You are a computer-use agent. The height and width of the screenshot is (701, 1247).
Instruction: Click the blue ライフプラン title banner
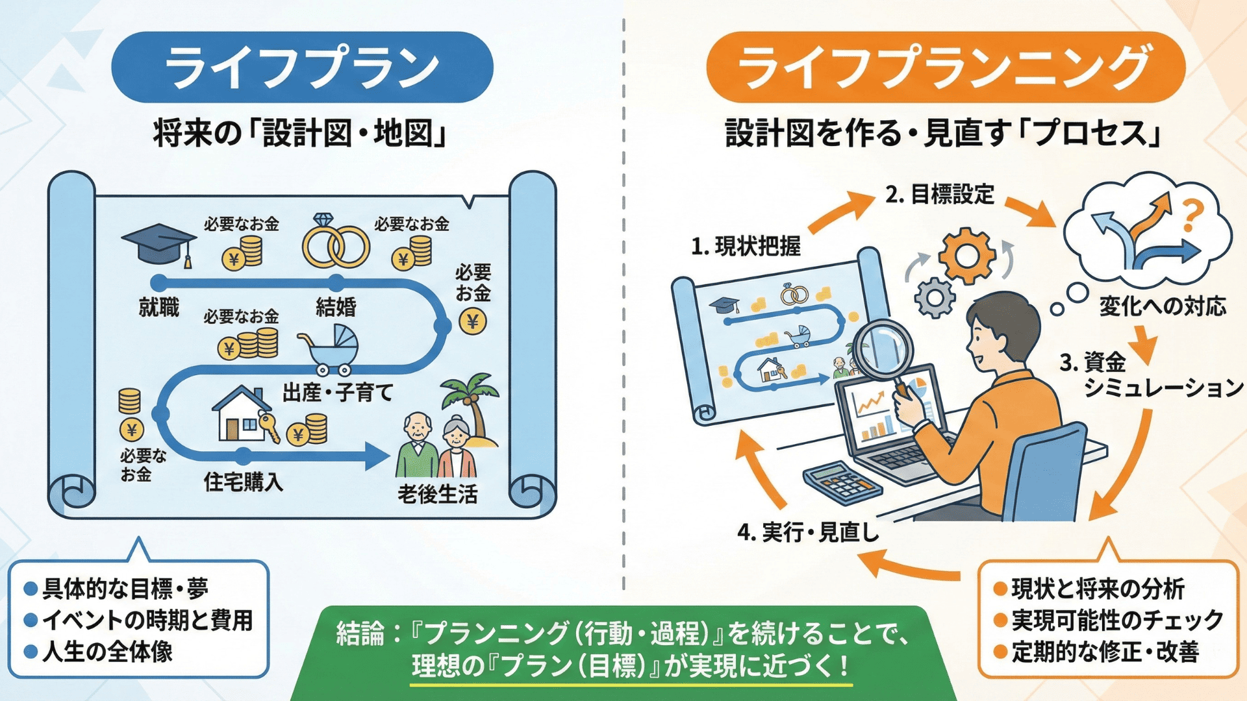[x=302, y=68]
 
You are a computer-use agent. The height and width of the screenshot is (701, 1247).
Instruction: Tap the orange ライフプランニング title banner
[x=946, y=68]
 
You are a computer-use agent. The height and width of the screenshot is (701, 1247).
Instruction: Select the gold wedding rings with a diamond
[x=336, y=242]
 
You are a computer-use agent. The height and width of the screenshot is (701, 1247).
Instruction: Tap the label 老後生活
[x=438, y=495]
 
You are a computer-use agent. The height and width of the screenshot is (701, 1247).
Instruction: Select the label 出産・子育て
[x=338, y=393]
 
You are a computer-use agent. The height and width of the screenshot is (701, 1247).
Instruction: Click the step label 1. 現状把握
[x=746, y=247]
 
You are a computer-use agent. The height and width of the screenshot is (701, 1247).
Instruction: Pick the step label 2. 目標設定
[x=939, y=194]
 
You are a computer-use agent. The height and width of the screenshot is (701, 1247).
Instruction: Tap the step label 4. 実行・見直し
[x=808, y=532]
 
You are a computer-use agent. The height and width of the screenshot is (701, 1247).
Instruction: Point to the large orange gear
[x=967, y=255]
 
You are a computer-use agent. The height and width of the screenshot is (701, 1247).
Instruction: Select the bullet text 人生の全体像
[x=107, y=652]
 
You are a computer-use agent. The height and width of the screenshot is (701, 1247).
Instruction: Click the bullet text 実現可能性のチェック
[x=1117, y=621]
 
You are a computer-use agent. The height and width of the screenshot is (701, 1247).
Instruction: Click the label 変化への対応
[x=1163, y=306]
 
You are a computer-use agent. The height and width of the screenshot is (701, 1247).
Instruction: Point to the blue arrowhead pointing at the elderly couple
[x=377, y=456]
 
